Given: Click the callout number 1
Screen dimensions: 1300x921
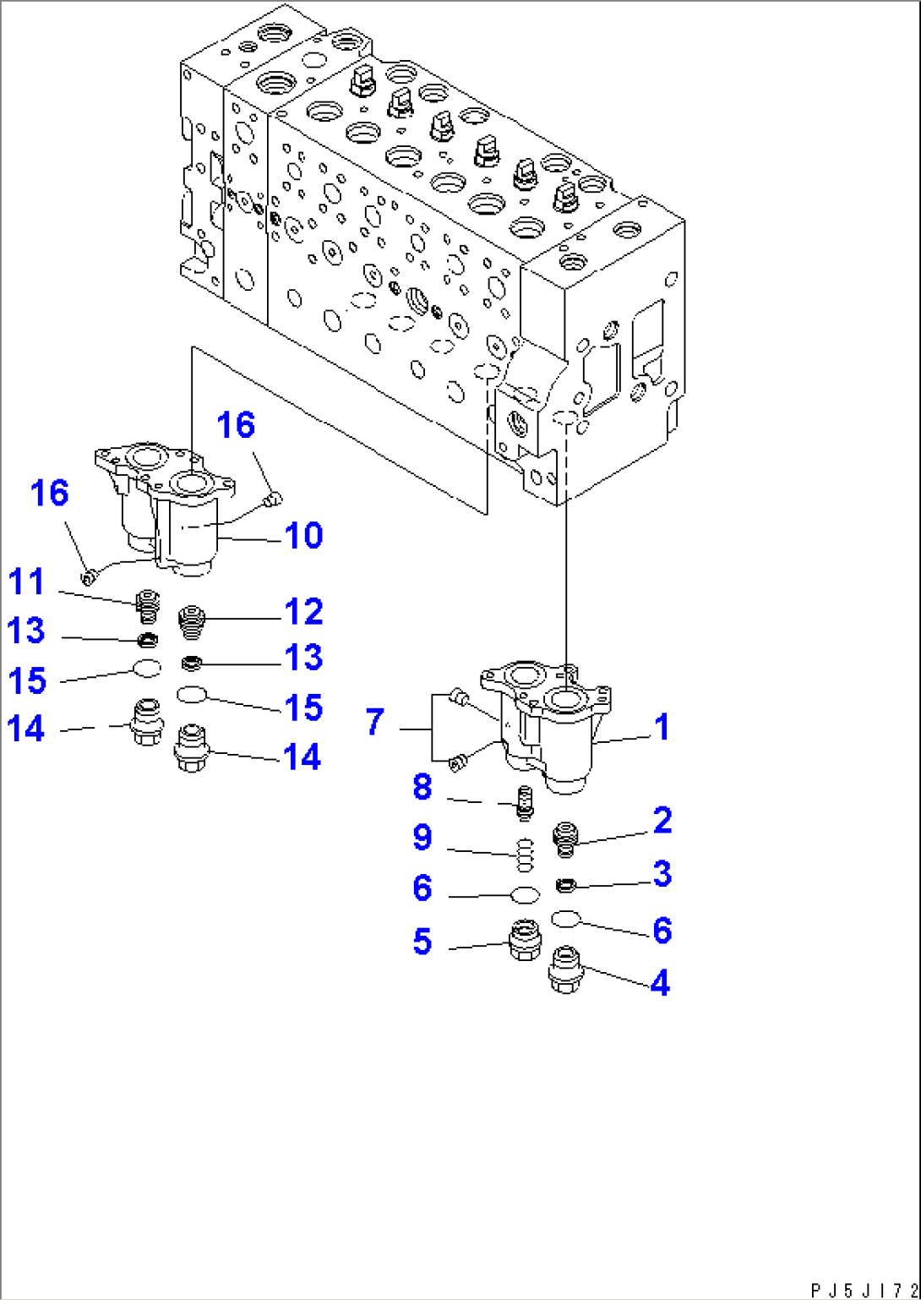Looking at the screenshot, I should (x=662, y=727).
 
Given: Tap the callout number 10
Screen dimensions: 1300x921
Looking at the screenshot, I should (x=302, y=535).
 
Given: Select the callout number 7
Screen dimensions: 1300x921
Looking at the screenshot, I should (x=374, y=722).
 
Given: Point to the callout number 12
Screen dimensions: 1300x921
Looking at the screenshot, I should (x=302, y=611).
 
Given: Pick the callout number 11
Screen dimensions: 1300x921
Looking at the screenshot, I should (x=26, y=582).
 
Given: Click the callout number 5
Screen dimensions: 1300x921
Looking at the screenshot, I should (x=422, y=941).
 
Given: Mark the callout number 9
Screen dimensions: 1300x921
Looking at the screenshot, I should (x=422, y=838).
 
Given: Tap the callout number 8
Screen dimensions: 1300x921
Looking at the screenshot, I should (x=422, y=787).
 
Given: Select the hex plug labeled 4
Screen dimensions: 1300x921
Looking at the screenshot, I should (x=564, y=970).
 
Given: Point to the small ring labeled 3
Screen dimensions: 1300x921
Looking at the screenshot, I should (x=565, y=885).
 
